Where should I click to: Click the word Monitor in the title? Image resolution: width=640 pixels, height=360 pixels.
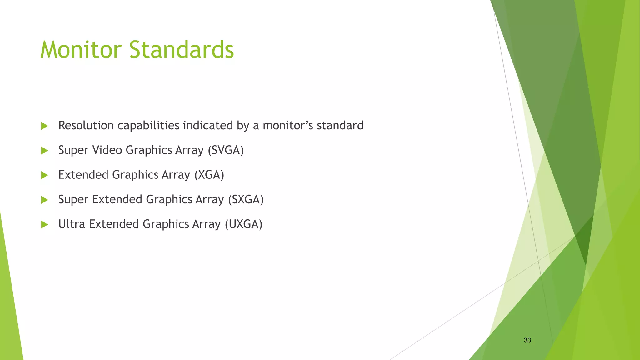[x=81, y=50]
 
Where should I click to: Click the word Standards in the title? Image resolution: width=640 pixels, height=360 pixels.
[x=182, y=50]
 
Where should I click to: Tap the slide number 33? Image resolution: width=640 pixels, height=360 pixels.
[x=527, y=340]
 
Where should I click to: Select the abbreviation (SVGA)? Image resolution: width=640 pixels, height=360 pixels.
[x=226, y=150]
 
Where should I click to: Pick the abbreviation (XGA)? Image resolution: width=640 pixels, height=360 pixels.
[x=209, y=175]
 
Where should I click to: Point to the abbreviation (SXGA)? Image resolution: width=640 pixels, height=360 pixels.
[x=246, y=200]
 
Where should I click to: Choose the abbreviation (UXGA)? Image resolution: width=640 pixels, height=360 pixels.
[x=243, y=224]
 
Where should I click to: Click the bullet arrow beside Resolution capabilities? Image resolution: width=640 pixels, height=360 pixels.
[x=44, y=126]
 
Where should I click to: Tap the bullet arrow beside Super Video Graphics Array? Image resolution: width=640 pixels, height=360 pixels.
[x=44, y=151]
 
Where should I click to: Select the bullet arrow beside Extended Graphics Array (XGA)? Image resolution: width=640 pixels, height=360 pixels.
[x=44, y=175]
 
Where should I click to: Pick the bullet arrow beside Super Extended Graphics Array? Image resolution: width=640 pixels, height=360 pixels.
[x=44, y=200]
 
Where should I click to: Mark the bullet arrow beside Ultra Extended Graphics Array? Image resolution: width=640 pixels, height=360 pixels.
[x=44, y=225]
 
